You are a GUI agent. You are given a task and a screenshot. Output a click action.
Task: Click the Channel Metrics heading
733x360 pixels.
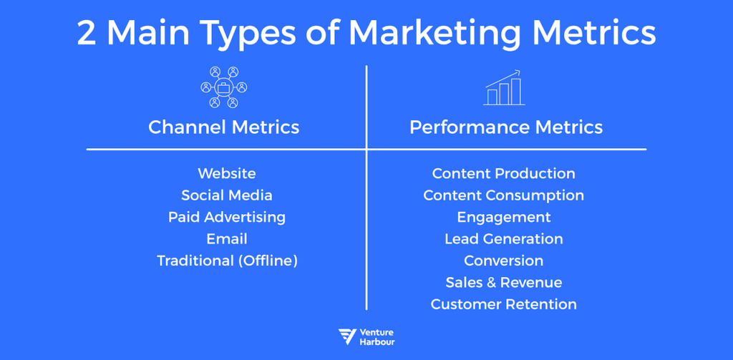click(x=223, y=127)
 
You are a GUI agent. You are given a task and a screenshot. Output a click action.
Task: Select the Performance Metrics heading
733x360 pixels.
click(x=505, y=127)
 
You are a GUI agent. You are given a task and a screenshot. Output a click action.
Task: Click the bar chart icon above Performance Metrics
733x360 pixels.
click(x=505, y=88)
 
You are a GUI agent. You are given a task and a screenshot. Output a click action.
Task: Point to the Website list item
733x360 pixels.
click(x=226, y=173)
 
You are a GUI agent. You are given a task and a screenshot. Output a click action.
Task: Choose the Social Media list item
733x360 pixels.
click(x=226, y=195)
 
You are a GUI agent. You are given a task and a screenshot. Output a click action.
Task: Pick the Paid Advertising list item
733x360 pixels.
click(x=226, y=217)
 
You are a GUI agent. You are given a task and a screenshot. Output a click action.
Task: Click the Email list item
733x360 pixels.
click(x=226, y=238)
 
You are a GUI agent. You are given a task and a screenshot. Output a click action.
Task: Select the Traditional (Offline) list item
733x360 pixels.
click(x=226, y=261)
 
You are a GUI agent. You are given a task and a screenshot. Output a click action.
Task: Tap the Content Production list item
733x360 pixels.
click(x=503, y=173)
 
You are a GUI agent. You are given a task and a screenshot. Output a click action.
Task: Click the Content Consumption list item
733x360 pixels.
click(x=503, y=195)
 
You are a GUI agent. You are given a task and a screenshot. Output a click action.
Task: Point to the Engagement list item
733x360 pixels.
click(x=503, y=217)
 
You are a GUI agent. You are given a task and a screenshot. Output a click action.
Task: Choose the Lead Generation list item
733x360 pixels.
click(x=503, y=238)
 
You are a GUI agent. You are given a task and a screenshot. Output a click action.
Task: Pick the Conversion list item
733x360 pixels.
click(x=503, y=261)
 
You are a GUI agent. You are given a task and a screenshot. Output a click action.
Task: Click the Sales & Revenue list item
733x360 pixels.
click(x=503, y=282)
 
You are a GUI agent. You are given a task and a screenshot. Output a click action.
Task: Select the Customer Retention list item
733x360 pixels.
click(x=503, y=304)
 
